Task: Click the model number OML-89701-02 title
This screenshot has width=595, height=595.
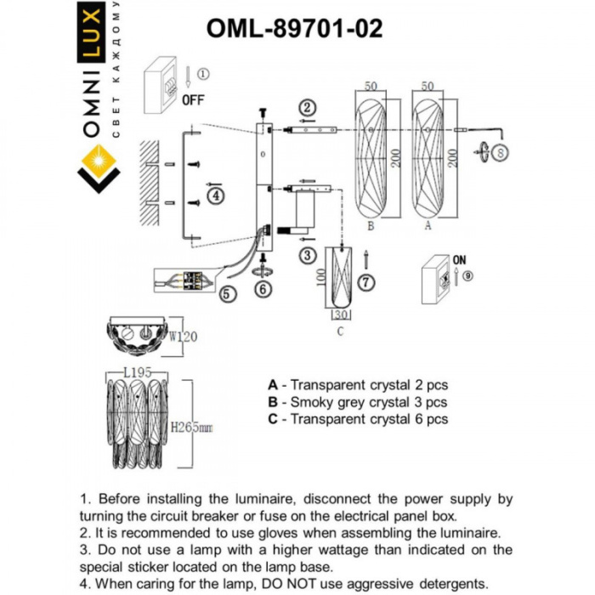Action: click(294, 29)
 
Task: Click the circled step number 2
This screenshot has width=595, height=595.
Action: click(308, 107)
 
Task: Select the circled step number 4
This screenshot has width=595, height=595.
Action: click(217, 196)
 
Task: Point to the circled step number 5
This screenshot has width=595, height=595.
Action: click(226, 295)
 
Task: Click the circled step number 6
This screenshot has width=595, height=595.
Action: click(263, 290)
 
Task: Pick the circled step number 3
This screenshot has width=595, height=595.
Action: click(308, 254)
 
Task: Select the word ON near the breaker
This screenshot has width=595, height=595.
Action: click(461, 260)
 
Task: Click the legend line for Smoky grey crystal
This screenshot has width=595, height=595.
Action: click(357, 402)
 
